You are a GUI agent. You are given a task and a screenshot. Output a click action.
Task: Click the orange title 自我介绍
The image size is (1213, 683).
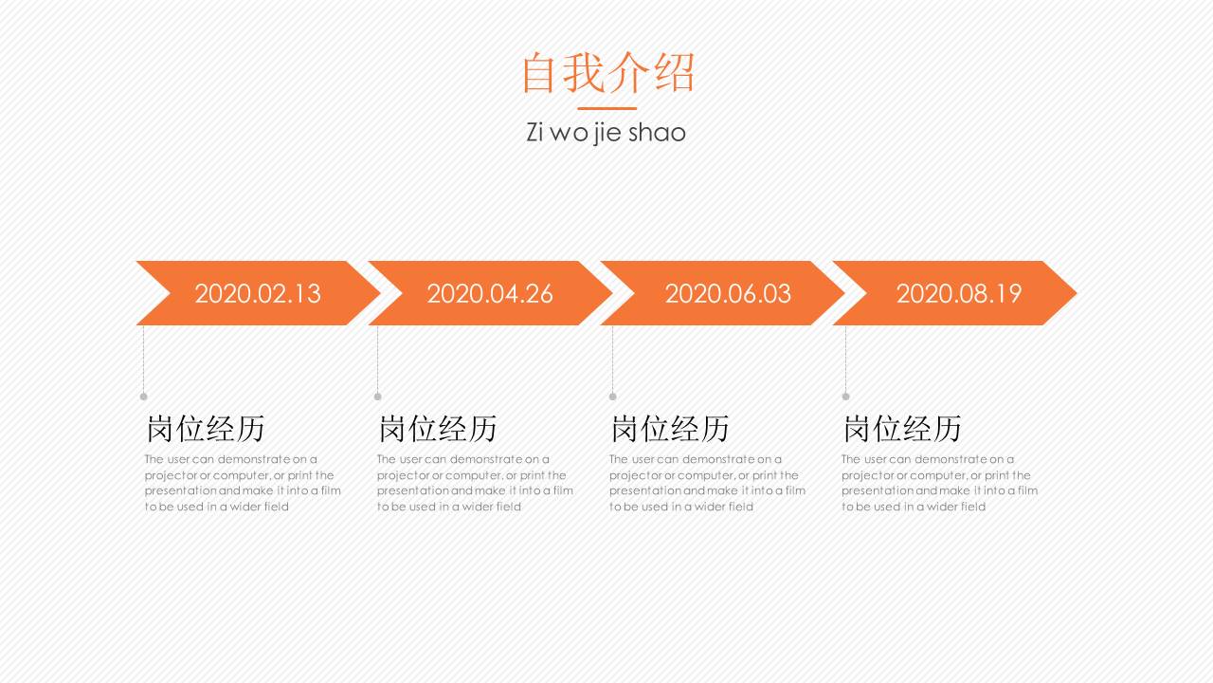607,73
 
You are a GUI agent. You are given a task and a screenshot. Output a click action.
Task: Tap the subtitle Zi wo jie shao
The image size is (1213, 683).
606,132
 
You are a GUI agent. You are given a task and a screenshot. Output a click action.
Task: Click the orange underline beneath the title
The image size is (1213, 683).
606,108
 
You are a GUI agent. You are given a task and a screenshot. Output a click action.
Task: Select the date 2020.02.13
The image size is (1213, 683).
258,293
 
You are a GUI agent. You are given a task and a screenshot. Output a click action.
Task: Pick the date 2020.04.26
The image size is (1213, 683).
490,293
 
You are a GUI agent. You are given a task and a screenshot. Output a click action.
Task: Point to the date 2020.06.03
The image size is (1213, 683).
728,293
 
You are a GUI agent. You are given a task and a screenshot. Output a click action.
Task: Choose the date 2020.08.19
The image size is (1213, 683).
959,293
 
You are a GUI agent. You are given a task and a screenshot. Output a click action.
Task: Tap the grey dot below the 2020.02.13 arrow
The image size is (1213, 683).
144,397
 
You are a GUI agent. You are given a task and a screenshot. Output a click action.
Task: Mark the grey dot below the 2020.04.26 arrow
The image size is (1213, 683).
377,397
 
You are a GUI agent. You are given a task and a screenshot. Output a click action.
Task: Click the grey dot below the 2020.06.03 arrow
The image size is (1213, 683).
612,397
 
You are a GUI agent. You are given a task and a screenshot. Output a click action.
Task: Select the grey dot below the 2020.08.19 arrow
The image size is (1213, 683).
845,397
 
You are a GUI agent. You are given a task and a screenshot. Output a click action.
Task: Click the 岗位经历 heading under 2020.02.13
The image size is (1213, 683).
206,429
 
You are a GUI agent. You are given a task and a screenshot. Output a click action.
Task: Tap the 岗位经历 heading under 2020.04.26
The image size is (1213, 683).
438,429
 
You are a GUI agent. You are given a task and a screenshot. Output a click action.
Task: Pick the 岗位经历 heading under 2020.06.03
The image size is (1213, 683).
670,429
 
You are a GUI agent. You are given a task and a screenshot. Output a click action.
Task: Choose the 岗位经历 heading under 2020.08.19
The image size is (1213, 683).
902,429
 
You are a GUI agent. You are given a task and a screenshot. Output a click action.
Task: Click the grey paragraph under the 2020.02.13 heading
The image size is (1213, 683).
243,483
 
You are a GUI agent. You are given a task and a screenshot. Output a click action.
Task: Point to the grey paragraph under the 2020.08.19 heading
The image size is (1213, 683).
939,483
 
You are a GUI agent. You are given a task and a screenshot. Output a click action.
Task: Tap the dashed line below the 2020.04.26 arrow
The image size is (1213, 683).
377,360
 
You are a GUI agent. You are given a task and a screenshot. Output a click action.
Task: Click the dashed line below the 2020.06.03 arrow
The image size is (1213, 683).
612,360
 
